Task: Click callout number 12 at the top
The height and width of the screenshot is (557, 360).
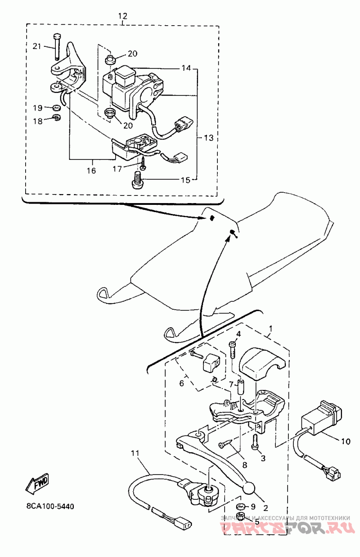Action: tap(123, 16)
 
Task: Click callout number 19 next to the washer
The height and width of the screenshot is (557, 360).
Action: tap(37, 108)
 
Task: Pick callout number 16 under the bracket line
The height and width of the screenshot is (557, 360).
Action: tap(91, 171)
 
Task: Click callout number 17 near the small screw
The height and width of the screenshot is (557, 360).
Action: tap(117, 169)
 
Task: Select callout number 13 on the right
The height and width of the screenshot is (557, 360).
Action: tap(209, 138)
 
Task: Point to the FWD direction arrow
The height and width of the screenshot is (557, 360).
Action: tap(37, 483)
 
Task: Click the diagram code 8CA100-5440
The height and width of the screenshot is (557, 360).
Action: tap(47, 506)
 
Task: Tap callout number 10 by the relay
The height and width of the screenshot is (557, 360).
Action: tap(345, 442)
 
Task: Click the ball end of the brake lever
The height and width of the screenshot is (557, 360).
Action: tap(248, 488)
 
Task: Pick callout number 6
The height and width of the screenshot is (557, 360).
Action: tap(182, 383)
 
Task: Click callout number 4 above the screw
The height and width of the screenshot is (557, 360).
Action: tap(238, 334)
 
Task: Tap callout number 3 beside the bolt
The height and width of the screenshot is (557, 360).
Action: tap(263, 458)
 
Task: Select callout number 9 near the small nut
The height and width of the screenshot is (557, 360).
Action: tap(253, 506)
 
